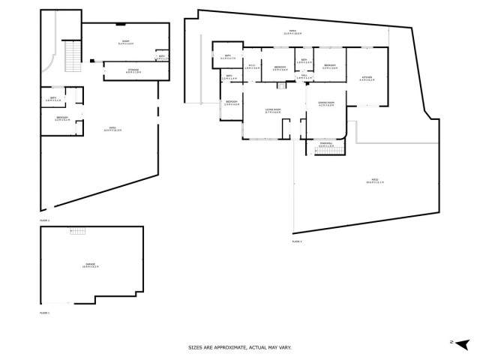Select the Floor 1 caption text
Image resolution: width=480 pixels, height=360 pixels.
click(44, 311)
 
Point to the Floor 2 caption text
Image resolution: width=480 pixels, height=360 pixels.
click(44, 220)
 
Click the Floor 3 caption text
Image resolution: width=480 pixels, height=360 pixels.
click(296, 241)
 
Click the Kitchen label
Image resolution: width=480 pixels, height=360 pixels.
click(366, 78)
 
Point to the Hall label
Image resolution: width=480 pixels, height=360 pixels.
click(305, 76)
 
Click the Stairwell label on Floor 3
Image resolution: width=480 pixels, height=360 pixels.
click(325, 145)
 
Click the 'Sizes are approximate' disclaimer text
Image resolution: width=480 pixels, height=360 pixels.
click(239, 347)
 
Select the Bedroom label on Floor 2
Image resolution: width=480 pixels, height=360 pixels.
click(62, 118)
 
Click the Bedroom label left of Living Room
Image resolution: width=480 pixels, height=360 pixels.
click(232, 103)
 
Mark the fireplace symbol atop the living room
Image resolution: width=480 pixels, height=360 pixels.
click(281, 85)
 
